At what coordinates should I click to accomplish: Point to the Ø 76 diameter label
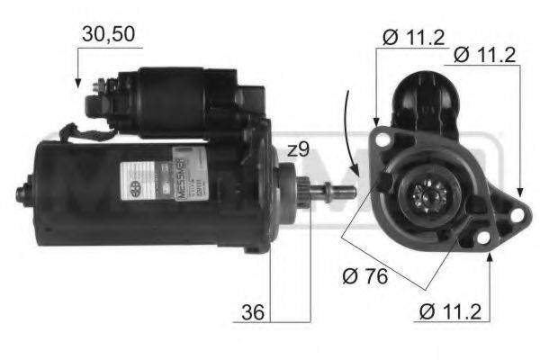point(365,276)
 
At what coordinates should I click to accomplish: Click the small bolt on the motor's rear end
point(22,193)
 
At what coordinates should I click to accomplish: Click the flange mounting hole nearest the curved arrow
point(382,141)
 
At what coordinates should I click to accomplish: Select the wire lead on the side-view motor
point(81,135)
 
